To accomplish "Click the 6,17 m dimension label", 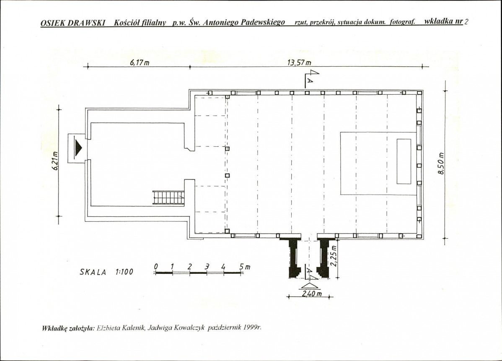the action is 140,62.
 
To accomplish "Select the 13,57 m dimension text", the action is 299,62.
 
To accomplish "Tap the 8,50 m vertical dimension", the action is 441,164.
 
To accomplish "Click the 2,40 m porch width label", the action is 312,293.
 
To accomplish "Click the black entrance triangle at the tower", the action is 78,147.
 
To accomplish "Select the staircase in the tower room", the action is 168,197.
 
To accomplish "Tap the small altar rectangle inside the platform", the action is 404,161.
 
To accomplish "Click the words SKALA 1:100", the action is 106,272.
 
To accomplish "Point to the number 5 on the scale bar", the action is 241,266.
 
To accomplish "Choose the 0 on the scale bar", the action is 156,266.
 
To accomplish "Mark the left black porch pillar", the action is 294,257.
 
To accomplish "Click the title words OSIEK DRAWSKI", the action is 73,23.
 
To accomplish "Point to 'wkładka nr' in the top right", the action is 443,21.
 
